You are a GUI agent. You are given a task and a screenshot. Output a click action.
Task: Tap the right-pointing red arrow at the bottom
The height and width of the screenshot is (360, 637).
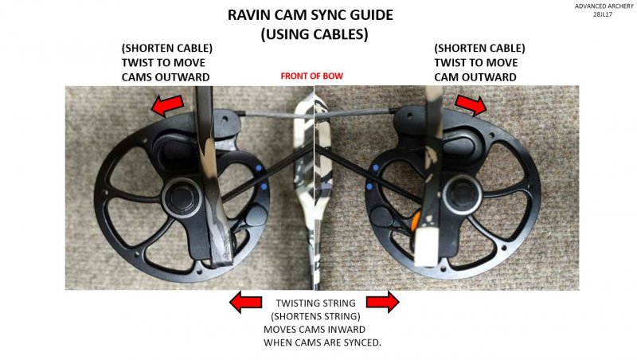pos(382,302)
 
